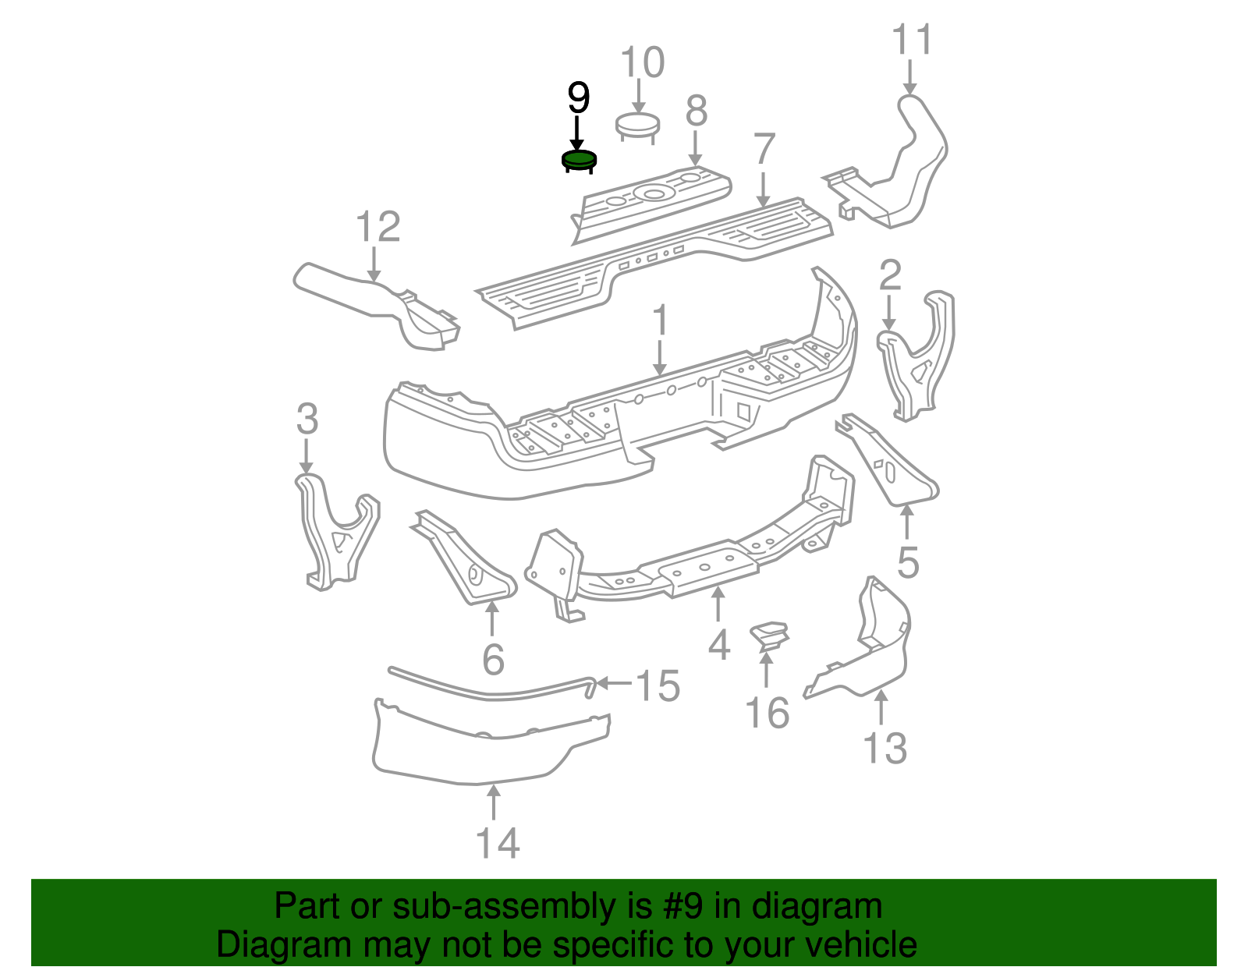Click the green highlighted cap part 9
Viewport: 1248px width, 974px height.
(579, 160)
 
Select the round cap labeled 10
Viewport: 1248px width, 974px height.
(637, 125)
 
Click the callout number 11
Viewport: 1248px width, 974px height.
(911, 40)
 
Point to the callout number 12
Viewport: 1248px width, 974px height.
(378, 227)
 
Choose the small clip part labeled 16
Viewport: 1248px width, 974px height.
(768, 633)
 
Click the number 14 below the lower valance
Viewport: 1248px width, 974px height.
(498, 843)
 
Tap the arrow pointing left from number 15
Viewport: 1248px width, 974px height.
(615, 683)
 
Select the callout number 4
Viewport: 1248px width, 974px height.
(718, 646)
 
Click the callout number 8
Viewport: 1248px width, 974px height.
(696, 111)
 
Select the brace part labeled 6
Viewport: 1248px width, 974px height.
(464, 561)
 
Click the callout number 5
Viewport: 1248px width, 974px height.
(908, 561)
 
